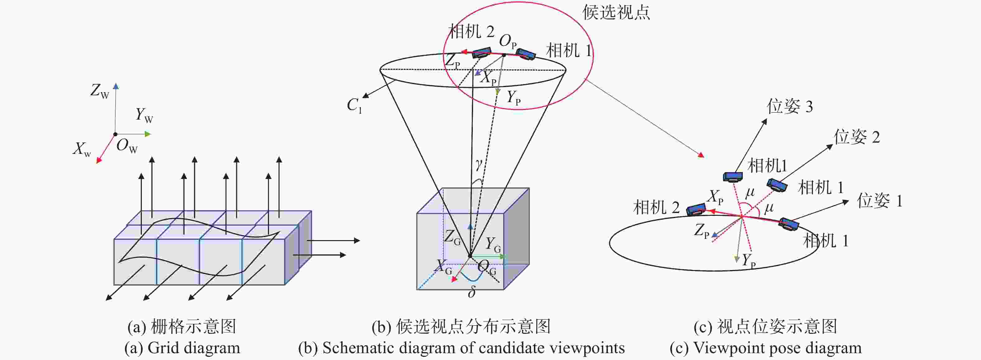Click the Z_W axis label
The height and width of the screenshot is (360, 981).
click(x=100, y=91)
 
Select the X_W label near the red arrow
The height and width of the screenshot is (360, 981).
click(x=82, y=149)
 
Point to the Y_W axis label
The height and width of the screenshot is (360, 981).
click(x=144, y=115)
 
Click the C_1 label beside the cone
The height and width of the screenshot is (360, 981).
click(x=354, y=106)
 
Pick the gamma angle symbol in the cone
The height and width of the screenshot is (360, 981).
click(x=479, y=164)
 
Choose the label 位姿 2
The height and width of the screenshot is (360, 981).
click(x=857, y=137)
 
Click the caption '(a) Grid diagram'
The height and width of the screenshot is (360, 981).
click(x=182, y=348)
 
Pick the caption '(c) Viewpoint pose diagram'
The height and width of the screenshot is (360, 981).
click(x=766, y=348)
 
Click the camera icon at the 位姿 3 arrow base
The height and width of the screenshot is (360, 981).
click(x=733, y=176)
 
